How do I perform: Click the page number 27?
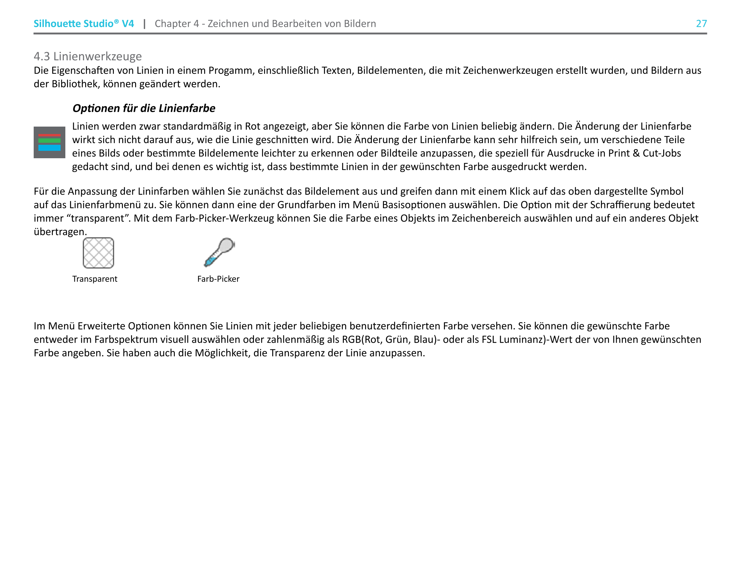click(701, 23)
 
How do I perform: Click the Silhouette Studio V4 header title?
click(84, 23)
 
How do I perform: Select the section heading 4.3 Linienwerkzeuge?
click(88, 56)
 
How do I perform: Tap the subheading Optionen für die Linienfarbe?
click(143, 108)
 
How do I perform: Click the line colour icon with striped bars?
click(49, 142)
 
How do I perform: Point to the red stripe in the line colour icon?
click(49, 135)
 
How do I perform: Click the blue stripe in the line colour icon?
click(49, 148)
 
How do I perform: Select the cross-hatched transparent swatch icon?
click(98, 253)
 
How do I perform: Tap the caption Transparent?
click(95, 279)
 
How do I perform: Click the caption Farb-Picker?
click(218, 279)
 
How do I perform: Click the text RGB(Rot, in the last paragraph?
click(362, 339)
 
